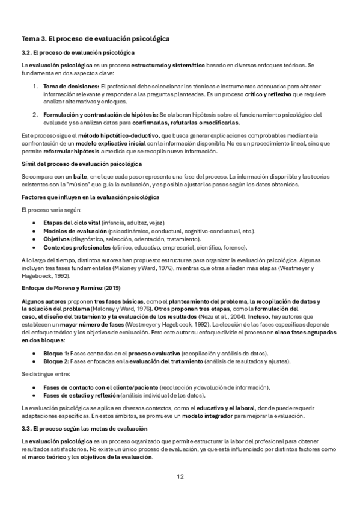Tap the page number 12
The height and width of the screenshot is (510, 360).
point(180,477)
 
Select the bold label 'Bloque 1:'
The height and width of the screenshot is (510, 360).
point(56,352)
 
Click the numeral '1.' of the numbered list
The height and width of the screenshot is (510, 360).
point(35,88)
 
